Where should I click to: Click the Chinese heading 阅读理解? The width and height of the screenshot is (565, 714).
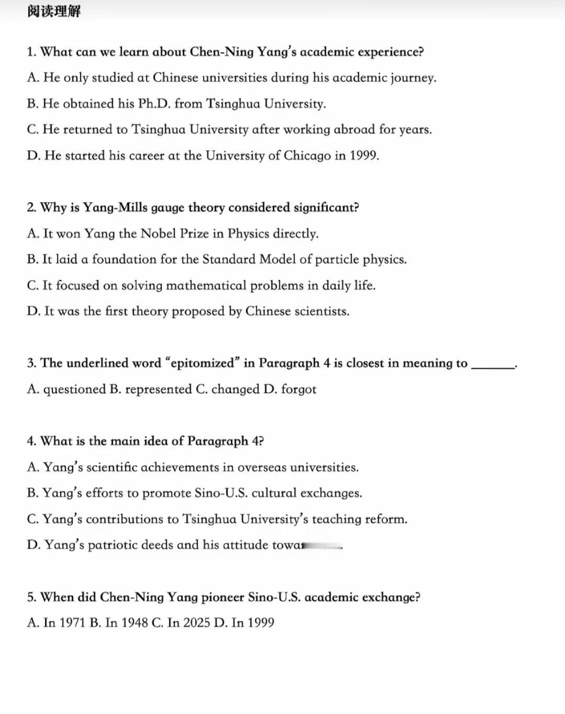click(54, 11)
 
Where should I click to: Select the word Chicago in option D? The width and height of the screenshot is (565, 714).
click(307, 156)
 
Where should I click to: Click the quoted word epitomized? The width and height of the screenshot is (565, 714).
click(202, 363)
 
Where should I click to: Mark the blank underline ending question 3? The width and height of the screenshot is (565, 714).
click(492, 367)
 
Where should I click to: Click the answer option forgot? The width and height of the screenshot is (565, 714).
click(299, 389)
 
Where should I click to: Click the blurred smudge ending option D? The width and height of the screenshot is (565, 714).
click(322, 546)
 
